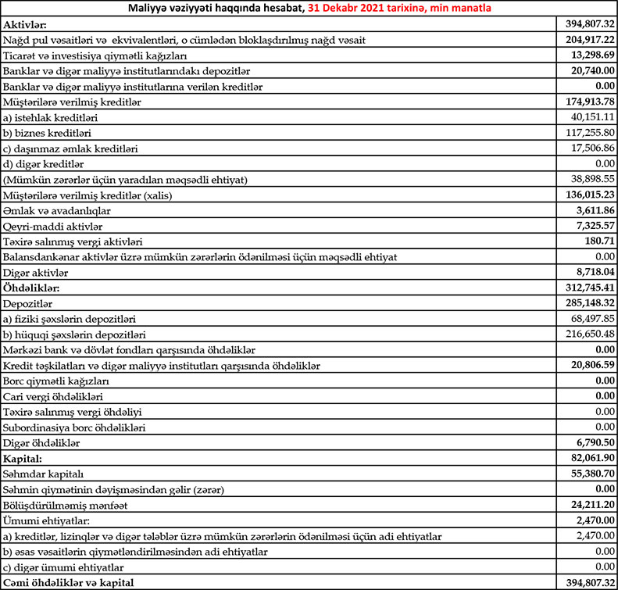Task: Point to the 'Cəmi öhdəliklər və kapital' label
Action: [x=68, y=582]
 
